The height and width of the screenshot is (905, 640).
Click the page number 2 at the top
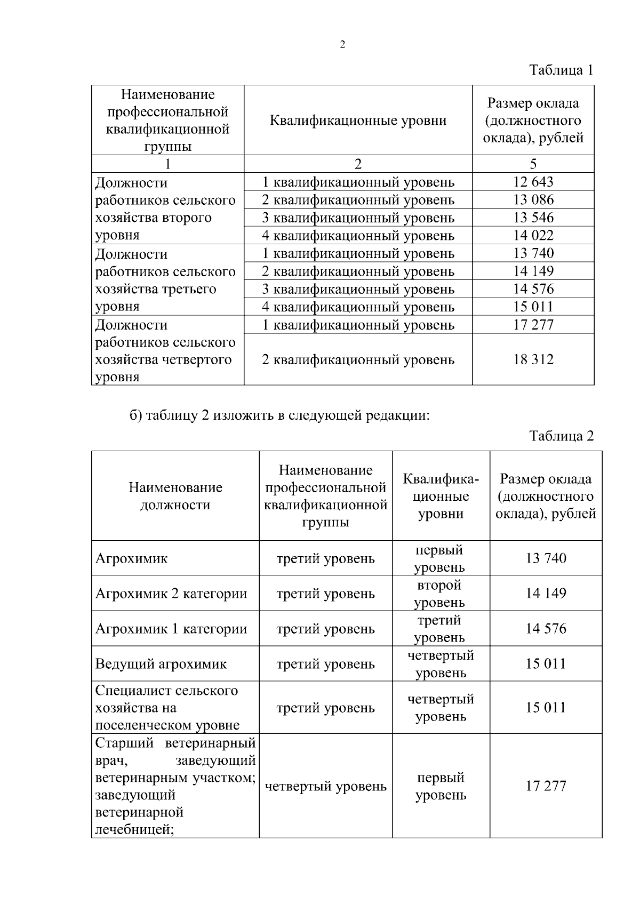click(342, 45)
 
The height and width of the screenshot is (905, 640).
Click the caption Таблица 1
click(561, 70)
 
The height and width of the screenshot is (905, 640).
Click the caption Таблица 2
click(561, 436)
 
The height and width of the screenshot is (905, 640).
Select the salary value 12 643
click(533, 182)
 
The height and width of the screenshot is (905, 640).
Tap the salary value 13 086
click(533, 200)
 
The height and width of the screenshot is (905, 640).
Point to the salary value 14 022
click(533, 235)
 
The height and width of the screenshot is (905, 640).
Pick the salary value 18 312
click(533, 359)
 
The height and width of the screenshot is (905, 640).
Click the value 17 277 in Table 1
click(533, 324)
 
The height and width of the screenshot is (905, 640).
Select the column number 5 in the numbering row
click(533, 164)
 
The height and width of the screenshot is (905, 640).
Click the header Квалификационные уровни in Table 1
click(358, 121)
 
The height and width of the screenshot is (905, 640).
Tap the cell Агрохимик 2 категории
click(171, 594)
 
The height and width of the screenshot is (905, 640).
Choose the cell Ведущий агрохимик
click(161, 664)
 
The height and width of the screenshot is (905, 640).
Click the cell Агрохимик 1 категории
click(171, 629)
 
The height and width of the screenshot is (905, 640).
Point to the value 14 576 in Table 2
click(546, 629)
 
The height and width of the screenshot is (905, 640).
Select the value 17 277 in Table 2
click(546, 786)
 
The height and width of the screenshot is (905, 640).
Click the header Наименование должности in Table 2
click(175, 496)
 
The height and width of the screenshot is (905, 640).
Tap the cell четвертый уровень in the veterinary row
click(325, 786)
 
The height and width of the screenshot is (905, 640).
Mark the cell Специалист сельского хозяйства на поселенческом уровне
click(167, 708)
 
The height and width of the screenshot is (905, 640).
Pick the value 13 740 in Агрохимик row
click(546, 558)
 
